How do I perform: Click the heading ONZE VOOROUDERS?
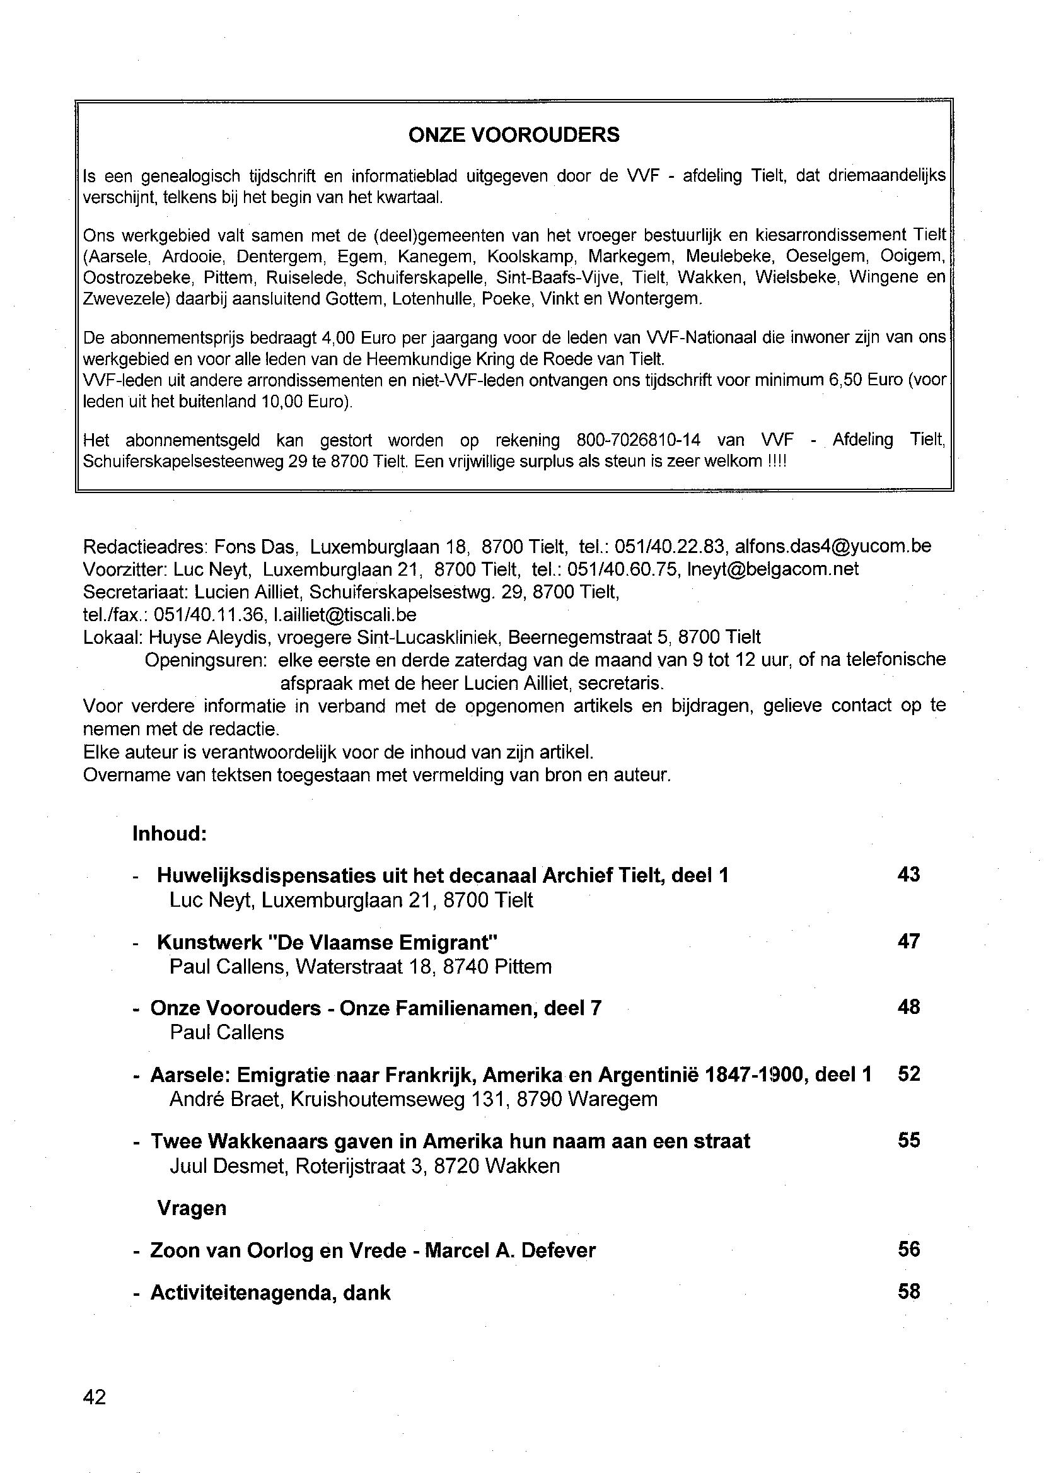(x=514, y=135)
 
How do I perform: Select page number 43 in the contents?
(x=908, y=875)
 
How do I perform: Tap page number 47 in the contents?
(x=908, y=941)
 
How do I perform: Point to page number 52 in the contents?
(x=908, y=1074)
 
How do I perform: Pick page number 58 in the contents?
(x=908, y=1291)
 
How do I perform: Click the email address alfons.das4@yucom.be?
(x=833, y=546)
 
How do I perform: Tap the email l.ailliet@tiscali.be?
(x=345, y=615)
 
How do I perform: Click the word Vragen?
(x=192, y=1208)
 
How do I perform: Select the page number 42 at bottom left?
(x=95, y=1397)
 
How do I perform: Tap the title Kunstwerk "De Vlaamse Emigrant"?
(x=327, y=943)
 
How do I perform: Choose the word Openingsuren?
(x=206, y=660)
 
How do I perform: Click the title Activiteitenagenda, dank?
(x=270, y=1293)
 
